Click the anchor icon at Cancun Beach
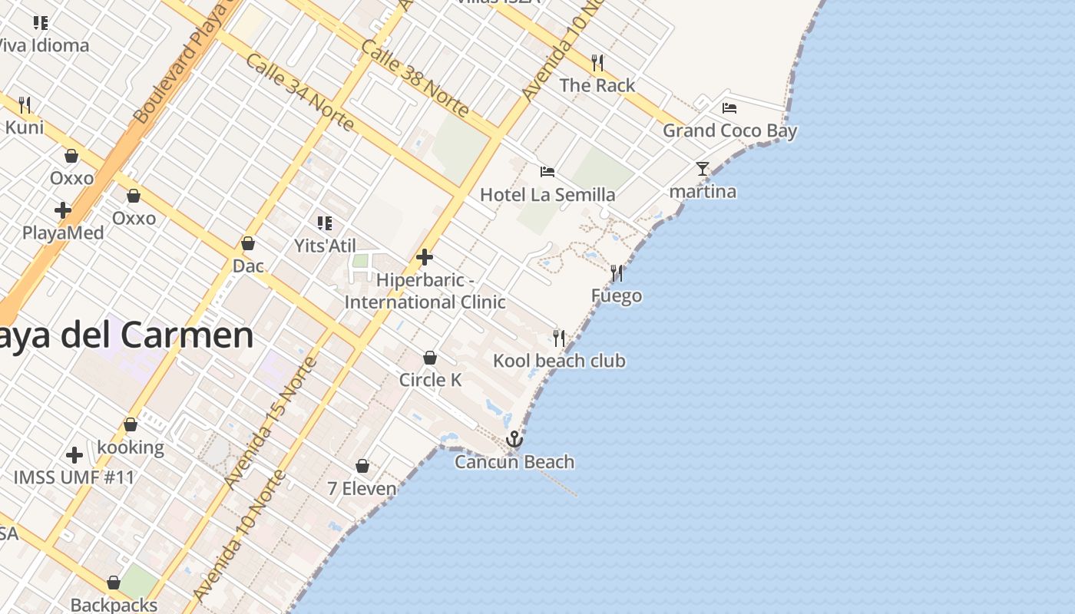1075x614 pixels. pos(514,439)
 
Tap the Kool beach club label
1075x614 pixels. pos(559,361)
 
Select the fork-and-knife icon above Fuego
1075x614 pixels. pos(617,272)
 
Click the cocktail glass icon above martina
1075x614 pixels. pos(703,169)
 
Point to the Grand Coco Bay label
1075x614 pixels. pos(729,130)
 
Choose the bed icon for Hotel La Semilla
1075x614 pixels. pos(547,172)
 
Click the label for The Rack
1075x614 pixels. pos(597,85)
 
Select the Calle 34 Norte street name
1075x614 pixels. pos(299,92)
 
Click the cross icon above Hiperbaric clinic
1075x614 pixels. pos(425,257)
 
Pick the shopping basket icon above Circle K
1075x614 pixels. pos(430,358)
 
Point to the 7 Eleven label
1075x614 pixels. pos(362,488)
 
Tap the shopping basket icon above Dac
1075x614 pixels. pos(248,243)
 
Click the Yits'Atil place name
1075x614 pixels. pos(325,246)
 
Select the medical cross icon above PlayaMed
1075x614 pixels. pos(63,210)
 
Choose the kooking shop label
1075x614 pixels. pos(131,447)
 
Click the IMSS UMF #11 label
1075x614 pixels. pos(74,477)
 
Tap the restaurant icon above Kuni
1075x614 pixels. pos(25,104)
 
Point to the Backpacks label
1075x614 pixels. pos(114,605)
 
